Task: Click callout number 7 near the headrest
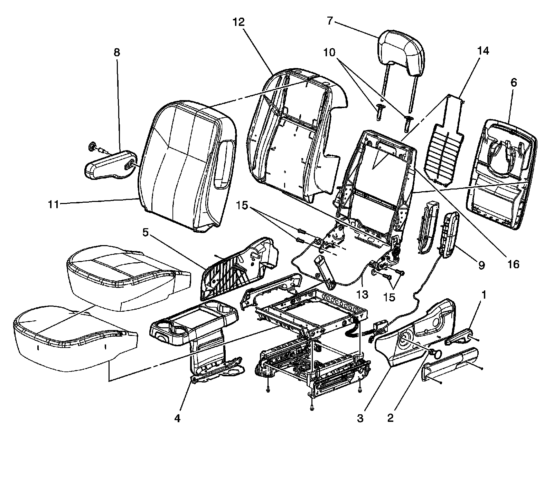click(x=329, y=21)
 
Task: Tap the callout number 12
click(x=238, y=22)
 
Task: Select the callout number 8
click(x=117, y=52)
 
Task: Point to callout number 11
click(x=54, y=204)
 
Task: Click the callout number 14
click(x=484, y=51)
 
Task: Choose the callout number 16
click(x=514, y=264)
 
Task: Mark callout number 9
click(x=481, y=265)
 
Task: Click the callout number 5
click(x=146, y=232)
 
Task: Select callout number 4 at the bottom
click(x=177, y=418)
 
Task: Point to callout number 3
click(x=360, y=418)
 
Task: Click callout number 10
click(x=329, y=52)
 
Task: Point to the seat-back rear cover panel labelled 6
click(x=501, y=176)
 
